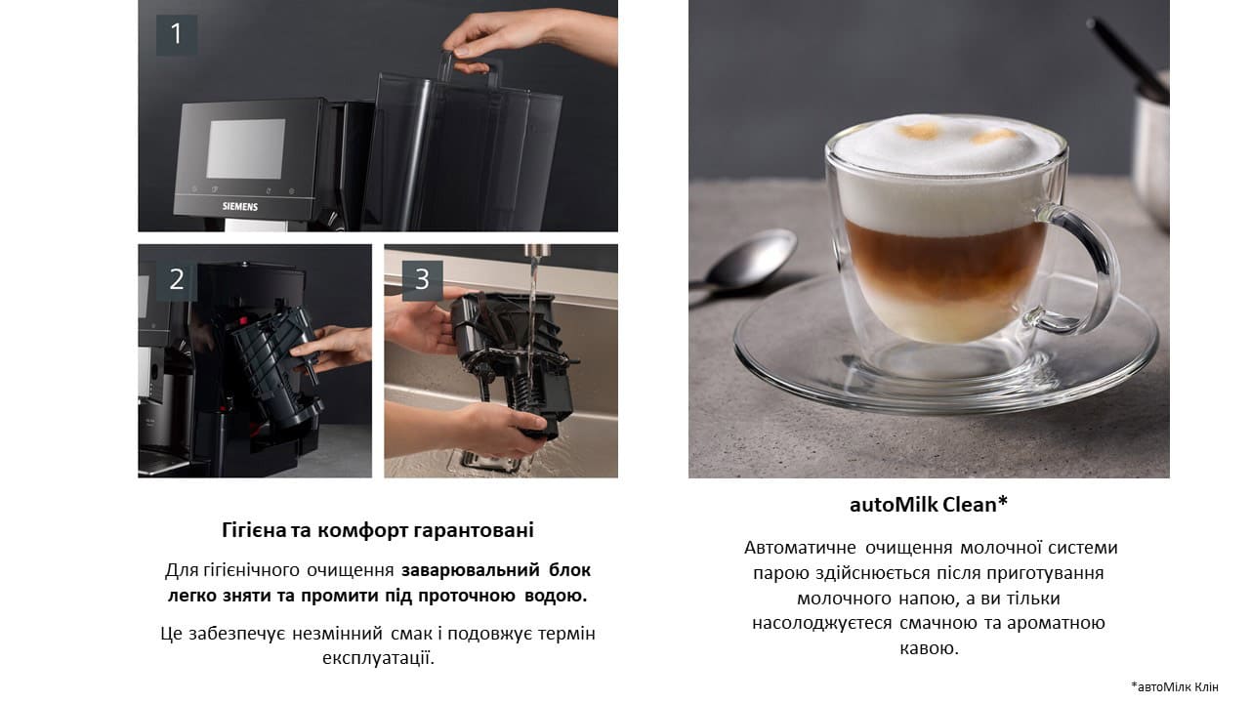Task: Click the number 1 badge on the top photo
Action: (x=177, y=35)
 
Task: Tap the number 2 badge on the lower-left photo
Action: (x=177, y=280)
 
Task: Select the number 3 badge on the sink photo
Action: (x=422, y=280)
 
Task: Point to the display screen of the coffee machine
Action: (x=245, y=148)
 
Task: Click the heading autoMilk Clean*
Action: (x=928, y=505)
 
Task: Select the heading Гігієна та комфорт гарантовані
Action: (x=378, y=530)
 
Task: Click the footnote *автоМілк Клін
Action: (x=1175, y=686)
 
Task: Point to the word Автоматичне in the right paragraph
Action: (x=800, y=548)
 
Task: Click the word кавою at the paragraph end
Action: (x=928, y=648)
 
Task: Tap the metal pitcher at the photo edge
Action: (x=1152, y=146)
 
